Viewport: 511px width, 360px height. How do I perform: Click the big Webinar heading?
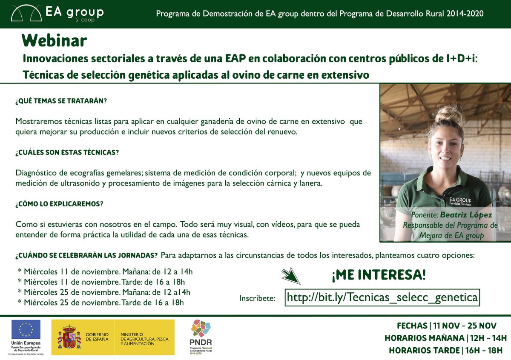[55, 40]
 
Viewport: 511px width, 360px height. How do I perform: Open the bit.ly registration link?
[382, 297]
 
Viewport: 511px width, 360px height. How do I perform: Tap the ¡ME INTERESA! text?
[378, 275]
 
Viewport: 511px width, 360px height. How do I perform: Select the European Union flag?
[26, 329]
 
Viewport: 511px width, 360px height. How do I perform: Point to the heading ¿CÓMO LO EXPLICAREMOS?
[59, 204]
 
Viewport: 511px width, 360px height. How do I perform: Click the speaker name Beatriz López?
[466, 215]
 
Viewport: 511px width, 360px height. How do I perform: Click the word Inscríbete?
[257, 298]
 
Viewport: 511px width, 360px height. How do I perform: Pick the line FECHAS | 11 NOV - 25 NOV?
[446, 326]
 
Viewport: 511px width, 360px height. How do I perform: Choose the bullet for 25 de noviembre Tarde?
[101, 303]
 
